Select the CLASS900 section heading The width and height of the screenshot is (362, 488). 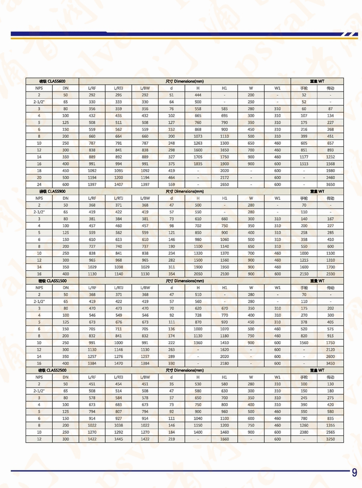click(x=52, y=191)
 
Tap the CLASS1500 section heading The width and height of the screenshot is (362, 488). click(x=52, y=280)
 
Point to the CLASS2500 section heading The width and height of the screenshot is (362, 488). click(x=52, y=370)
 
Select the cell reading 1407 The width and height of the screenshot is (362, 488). click(x=118, y=184)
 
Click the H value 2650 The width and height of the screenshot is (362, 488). click(x=198, y=184)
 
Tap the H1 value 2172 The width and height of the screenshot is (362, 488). click(x=225, y=177)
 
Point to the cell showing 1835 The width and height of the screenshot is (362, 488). click(x=198, y=163)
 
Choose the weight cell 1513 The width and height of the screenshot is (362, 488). click(x=305, y=163)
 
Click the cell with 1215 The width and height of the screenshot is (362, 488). click(x=305, y=260)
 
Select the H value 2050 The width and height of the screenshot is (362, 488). click(x=198, y=274)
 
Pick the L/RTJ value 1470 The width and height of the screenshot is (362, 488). click(x=118, y=363)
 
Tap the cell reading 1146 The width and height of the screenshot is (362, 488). click(x=118, y=349)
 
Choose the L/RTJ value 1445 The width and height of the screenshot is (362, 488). click(x=118, y=439)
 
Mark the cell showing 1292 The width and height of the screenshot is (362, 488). click(x=118, y=432)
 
